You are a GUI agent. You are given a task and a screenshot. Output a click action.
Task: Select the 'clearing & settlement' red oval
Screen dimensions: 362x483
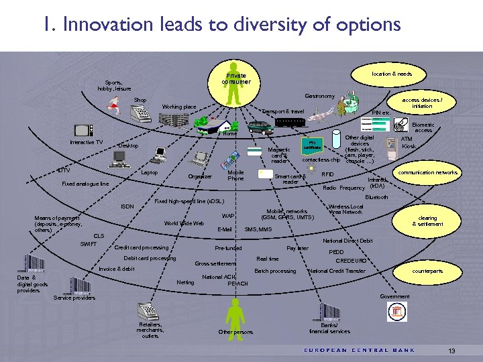[x=428, y=221]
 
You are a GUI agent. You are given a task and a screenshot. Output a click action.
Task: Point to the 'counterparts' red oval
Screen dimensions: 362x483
[x=428, y=271]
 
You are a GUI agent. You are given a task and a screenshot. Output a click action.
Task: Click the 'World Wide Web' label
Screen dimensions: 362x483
[x=184, y=223]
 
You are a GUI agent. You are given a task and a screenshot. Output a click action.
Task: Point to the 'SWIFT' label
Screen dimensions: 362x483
[x=89, y=244]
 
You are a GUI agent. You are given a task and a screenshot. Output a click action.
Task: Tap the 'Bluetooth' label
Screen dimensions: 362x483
[x=376, y=197]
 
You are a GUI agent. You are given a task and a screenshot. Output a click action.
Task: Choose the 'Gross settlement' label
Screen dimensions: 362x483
[x=215, y=263]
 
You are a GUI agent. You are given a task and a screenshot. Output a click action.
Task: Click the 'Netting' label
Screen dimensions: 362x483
[x=185, y=282]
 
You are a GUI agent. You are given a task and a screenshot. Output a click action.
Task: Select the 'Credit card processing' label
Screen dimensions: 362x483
[x=142, y=247]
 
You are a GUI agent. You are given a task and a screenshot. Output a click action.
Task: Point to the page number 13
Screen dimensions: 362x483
[x=451, y=351]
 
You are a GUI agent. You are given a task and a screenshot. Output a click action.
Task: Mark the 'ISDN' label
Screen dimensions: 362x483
[x=127, y=206]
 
